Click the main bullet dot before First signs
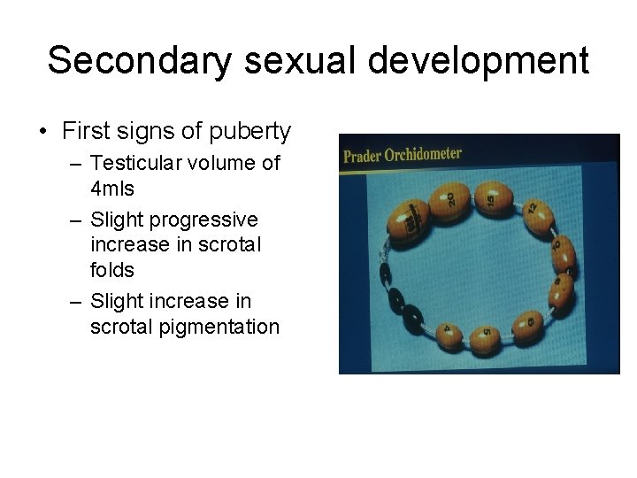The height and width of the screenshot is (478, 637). click(x=43, y=133)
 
